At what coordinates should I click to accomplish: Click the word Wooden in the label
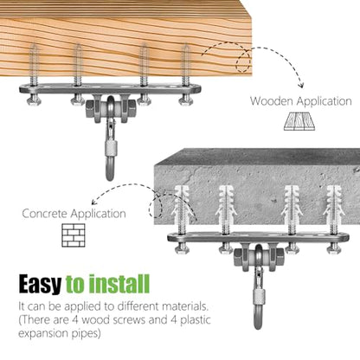tap(272, 101)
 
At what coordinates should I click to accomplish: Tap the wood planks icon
tap(299, 121)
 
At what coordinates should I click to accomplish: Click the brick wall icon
tap(74, 235)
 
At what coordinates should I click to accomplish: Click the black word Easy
tap(40, 284)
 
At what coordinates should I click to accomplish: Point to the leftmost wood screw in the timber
tap(34, 65)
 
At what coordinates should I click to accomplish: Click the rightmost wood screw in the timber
tap(186, 65)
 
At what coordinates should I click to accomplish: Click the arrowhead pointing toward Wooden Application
tap(301, 85)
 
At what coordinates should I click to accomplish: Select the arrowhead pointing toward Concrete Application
tap(94, 202)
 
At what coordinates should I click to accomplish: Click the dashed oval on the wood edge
tap(243, 61)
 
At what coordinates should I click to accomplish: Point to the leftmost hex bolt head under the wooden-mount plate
tap(34, 100)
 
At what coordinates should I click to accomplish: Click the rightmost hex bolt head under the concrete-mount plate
tap(334, 249)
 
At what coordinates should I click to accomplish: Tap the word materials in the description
tap(185, 306)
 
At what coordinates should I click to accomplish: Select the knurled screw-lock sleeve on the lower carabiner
tap(259, 296)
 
